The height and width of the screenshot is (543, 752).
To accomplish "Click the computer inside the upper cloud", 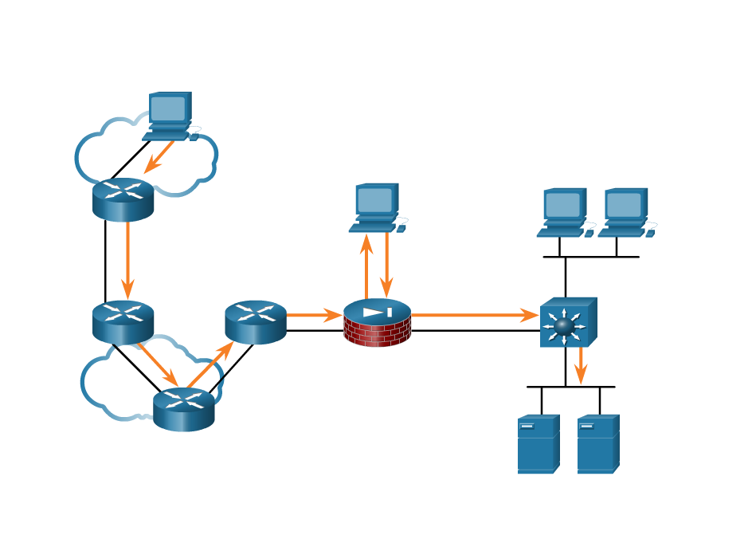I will click(x=170, y=116).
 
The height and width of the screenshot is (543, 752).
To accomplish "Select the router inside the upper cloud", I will click(x=123, y=199).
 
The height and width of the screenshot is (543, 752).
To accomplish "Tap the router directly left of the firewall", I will click(x=255, y=321).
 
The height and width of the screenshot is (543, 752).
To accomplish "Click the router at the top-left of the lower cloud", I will click(x=123, y=321).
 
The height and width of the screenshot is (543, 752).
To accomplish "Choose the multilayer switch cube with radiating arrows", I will click(x=567, y=323).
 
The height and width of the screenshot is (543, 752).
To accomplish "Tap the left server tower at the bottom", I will click(x=538, y=444).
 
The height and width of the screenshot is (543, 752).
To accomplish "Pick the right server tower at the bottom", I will click(x=597, y=444).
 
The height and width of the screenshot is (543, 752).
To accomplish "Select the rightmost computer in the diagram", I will click(x=626, y=213).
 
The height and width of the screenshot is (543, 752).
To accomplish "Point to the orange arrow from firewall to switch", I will click(x=475, y=316).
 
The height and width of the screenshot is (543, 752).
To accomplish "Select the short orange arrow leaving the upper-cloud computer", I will click(x=159, y=157).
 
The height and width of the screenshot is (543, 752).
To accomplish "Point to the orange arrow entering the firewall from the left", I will click(x=314, y=316).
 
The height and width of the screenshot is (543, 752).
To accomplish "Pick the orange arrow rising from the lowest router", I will click(x=210, y=365).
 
